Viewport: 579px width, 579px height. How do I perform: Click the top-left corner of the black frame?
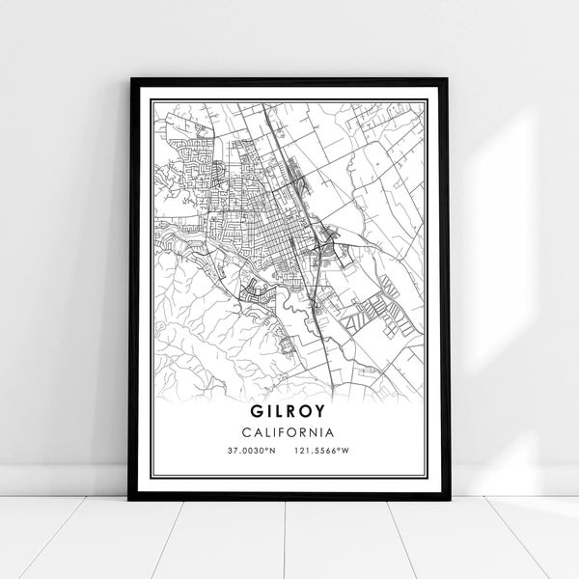click(x=130, y=79)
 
